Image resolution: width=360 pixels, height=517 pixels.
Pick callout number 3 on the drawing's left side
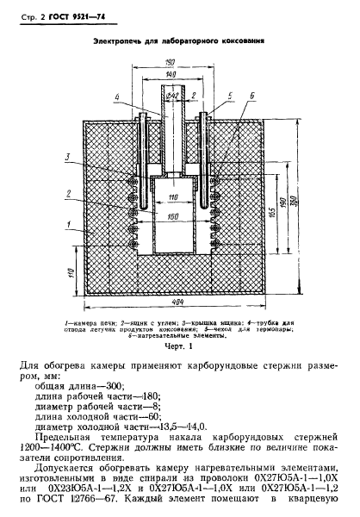pyautogui.click(x=65, y=156)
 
